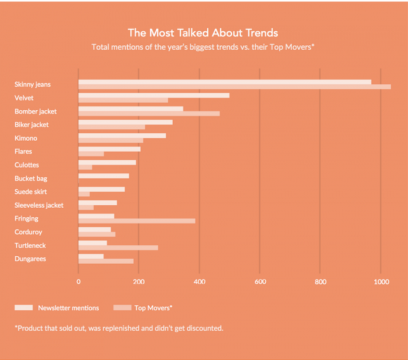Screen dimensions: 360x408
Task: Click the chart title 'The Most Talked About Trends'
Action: [x=203, y=32]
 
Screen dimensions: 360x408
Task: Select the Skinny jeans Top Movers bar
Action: [x=234, y=87]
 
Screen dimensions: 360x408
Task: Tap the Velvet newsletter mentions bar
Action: [x=154, y=95]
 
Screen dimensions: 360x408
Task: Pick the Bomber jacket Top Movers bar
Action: [x=149, y=113]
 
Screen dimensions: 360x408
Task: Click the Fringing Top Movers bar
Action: [x=136, y=220]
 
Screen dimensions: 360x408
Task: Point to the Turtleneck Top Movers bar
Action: [x=118, y=247]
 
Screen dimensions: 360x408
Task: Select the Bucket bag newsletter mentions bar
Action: [x=103, y=176]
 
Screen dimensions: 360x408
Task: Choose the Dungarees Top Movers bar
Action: [x=106, y=261]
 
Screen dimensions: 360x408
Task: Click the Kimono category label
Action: [x=25, y=138]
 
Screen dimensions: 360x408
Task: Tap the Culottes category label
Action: [x=27, y=165]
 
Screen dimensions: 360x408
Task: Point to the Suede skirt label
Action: [x=31, y=192]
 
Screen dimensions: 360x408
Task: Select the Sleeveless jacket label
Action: [x=39, y=205]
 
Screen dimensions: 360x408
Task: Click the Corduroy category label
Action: [x=29, y=232]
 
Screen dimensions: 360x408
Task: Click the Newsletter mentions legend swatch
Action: [x=24, y=308]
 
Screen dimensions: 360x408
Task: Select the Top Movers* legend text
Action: [x=153, y=308]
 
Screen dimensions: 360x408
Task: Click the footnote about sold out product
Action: [x=119, y=328]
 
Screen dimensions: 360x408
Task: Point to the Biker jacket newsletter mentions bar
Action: [x=125, y=122]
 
